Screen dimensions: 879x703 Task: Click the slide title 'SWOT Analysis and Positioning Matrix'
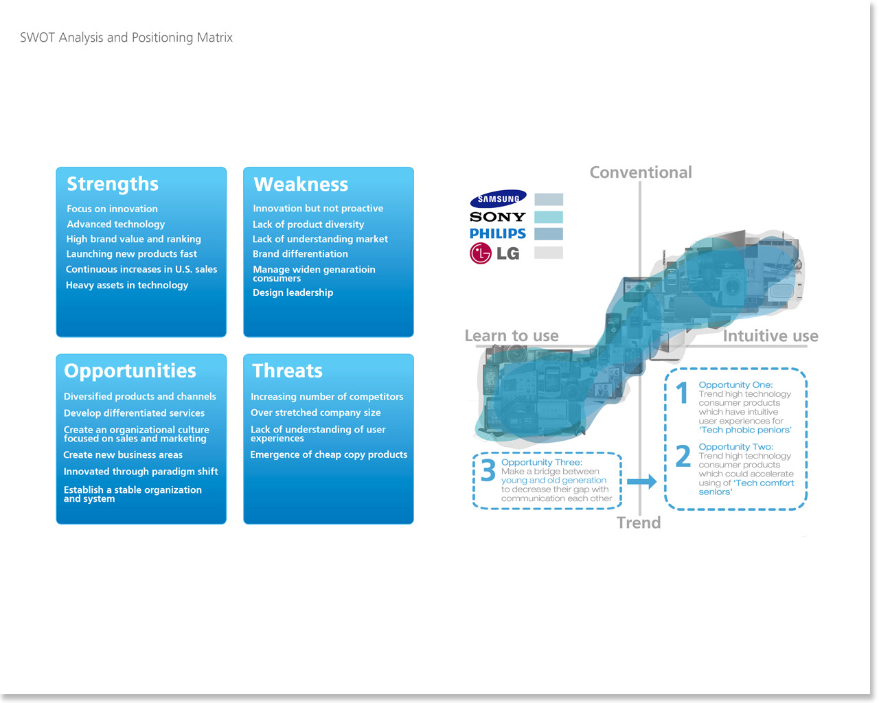pos(126,38)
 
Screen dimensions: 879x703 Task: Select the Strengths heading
pos(113,184)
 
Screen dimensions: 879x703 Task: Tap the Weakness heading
pos(301,184)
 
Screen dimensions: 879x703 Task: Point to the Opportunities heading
pos(130,371)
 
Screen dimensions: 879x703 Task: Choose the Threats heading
pos(287,371)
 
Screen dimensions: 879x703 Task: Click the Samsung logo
pos(498,199)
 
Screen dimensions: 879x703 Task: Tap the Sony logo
pos(497,217)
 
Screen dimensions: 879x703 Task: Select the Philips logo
pos(497,233)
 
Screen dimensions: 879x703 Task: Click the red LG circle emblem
pos(481,253)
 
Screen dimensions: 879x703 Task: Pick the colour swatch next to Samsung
pos(549,200)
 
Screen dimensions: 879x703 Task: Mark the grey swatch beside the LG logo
pos(549,253)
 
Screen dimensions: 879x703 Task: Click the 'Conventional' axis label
pos(641,172)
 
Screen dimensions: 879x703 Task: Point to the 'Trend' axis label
pos(639,523)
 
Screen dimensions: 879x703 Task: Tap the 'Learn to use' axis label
pos(512,336)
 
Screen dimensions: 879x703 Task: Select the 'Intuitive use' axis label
pos(770,336)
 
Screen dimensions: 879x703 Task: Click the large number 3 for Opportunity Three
pos(488,471)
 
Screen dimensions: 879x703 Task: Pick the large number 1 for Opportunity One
pos(682,393)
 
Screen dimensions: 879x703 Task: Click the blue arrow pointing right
pos(642,482)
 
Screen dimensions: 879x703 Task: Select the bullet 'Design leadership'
pos(293,292)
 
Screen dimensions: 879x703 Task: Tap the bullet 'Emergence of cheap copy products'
pos(328,454)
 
